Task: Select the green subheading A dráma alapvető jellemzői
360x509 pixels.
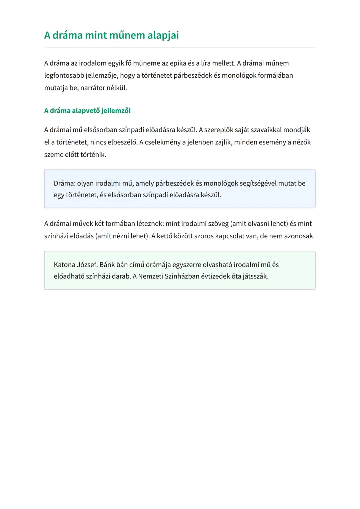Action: pos(87,111)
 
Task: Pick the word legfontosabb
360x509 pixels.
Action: pos(64,76)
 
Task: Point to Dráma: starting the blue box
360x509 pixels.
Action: pos(65,183)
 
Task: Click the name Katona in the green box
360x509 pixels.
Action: pos(64,265)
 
